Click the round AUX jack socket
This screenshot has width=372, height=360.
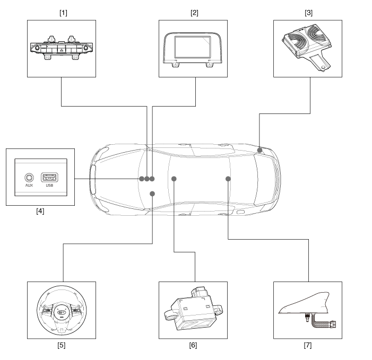[30, 178]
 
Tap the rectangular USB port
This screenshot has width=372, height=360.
[50, 178]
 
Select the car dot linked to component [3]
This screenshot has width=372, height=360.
[259, 151]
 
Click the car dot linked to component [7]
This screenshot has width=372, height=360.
[228, 179]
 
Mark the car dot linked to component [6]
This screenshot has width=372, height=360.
[174, 179]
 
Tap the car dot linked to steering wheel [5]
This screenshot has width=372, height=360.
[152, 193]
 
